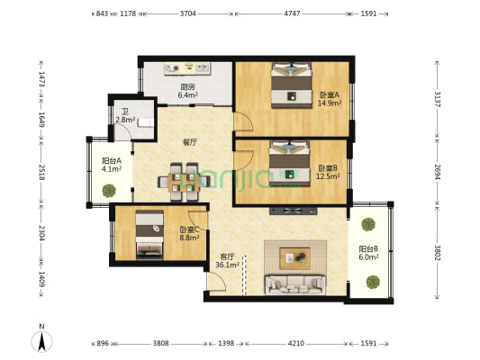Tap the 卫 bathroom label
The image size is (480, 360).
click(x=125, y=115)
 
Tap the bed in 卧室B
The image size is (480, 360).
click(x=287, y=161)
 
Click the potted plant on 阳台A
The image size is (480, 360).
click(x=110, y=190)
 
